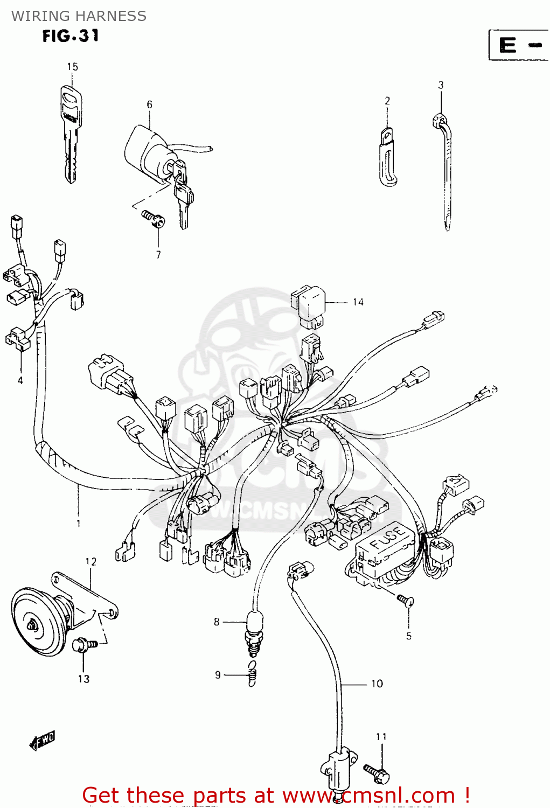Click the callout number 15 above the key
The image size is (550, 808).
pos(72,67)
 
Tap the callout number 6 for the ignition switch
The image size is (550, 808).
pos(149,105)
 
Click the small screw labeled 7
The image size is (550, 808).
pos(152,219)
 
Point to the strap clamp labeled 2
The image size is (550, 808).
pos(387,156)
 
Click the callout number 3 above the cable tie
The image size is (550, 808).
pos(441,85)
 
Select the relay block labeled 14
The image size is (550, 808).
pos(308,305)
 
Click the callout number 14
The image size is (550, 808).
pos(358,303)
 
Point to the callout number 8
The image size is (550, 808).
pos(217,622)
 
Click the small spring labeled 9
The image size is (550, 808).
pos(252,674)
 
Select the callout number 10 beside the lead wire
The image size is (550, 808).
pos(377,684)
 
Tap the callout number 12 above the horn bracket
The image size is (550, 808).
pos(90,562)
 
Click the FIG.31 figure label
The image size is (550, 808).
pos(71,36)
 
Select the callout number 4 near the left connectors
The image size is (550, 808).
pos(20,381)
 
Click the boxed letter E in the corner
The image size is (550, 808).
pos(507,45)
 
